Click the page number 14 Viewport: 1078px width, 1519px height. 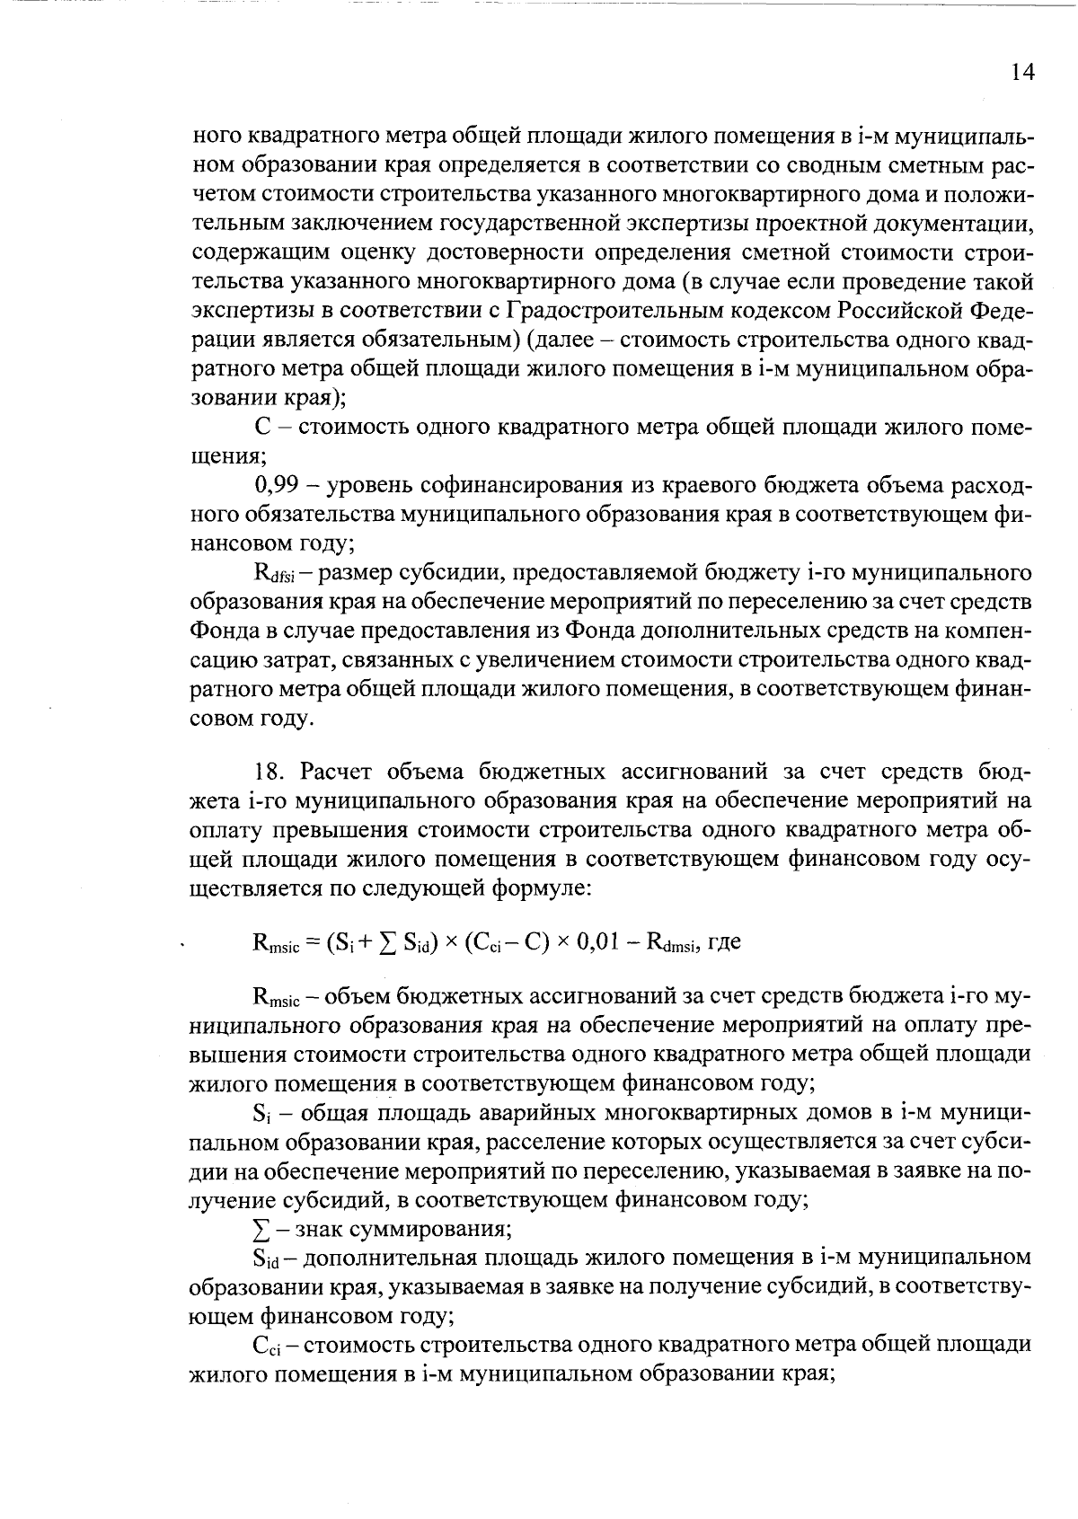[1021, 74]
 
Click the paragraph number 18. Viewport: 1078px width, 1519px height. [269, 772]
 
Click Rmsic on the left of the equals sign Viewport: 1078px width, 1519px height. [277, 944]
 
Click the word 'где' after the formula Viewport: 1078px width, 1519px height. [724, 942]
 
